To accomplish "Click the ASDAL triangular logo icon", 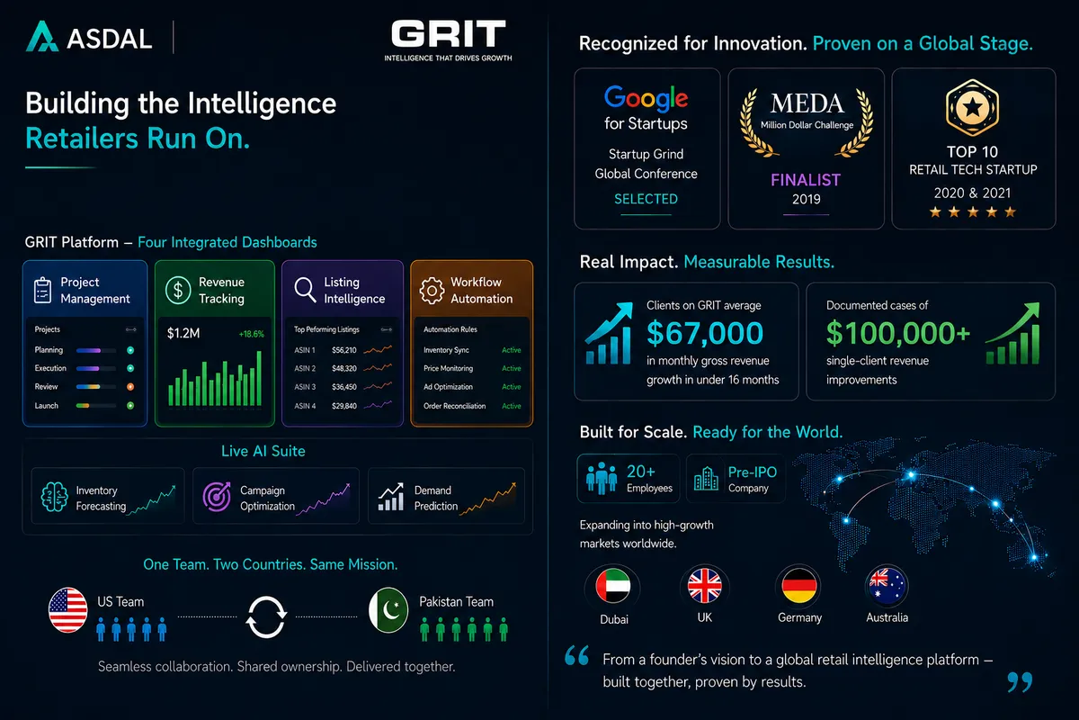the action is tap(42, 36).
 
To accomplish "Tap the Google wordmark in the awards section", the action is tap(646, 98).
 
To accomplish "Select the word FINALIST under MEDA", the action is tap(806, 180).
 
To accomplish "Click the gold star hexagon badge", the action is tap(972, 107).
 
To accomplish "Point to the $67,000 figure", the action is tap(705, 333).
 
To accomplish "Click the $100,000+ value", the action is tap(898, 333).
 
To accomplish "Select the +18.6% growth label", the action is tap(252, 334).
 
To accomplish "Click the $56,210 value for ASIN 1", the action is tap(343, 350).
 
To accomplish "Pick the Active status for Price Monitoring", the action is tap(511, 368).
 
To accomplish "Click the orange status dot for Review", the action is tap(130, 387).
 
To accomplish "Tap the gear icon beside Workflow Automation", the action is tap(432, 291).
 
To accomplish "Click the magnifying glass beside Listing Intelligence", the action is tap(305, 290).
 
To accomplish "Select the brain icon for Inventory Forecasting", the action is tap(54, 497).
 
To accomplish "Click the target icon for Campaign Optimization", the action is tap(217, 497).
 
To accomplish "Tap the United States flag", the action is tap(68, 609).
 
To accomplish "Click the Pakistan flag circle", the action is tap(388, 609).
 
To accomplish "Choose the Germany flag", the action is tap(799, 586).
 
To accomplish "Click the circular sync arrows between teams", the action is tap(266, 616).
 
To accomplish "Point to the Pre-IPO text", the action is tap(753, 472).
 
